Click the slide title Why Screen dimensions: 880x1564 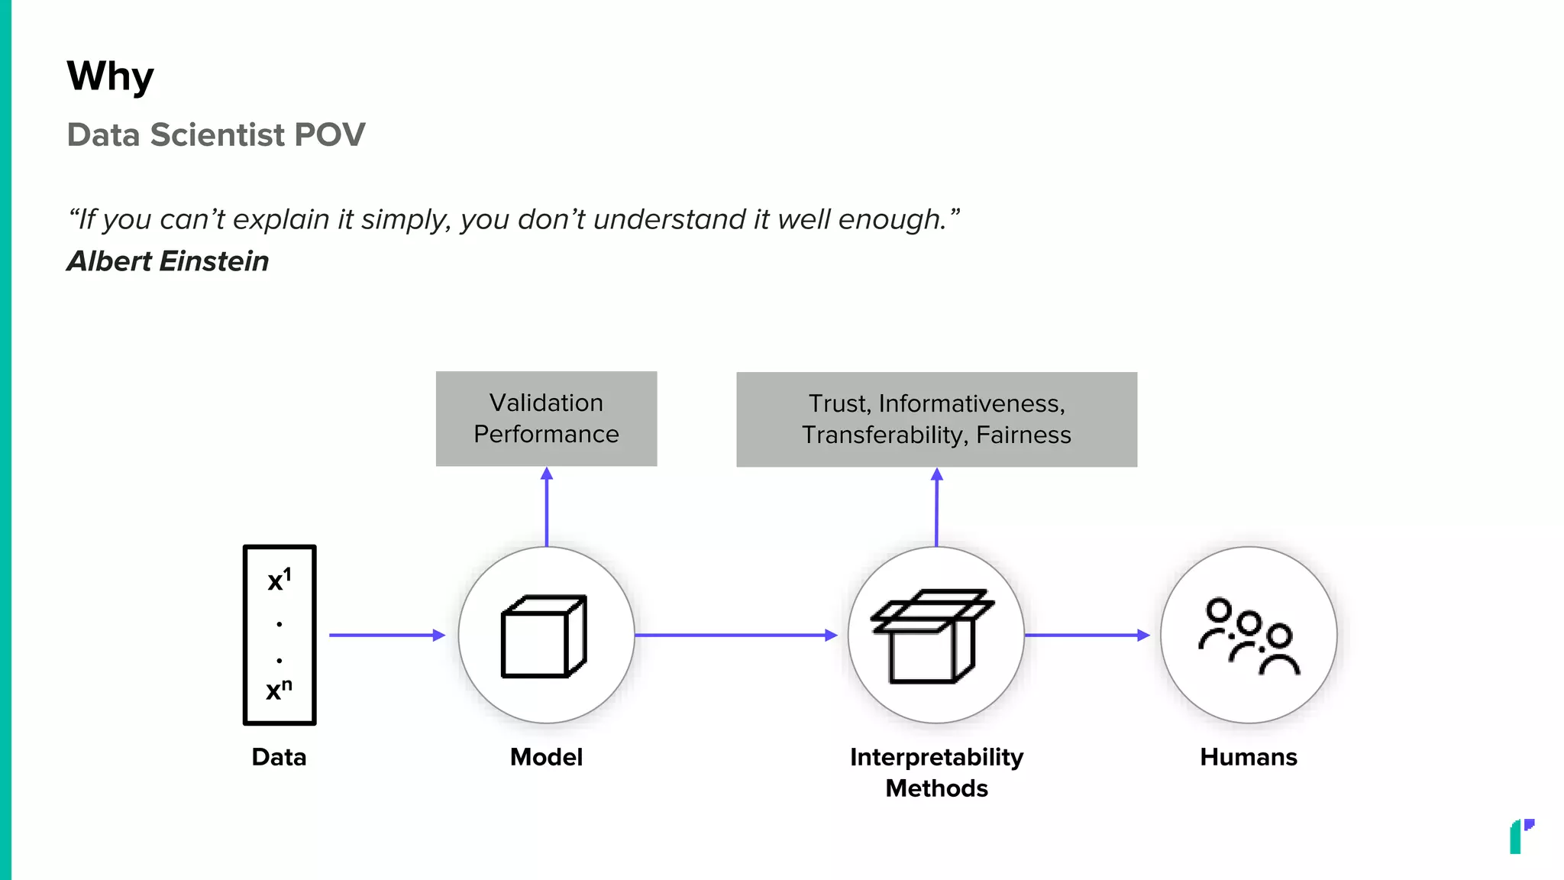(110, 77)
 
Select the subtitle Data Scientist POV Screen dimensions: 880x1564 (216, 135)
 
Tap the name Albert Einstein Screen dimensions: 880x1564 (168, 261)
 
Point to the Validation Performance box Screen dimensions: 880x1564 (546, 419)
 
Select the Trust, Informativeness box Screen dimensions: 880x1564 (936, 419)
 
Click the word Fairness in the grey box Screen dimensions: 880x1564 (1023, 435)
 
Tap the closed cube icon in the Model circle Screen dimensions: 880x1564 (544, 636)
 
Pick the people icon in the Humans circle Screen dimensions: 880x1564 (1249, 636)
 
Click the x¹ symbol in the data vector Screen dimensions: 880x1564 (279, 581)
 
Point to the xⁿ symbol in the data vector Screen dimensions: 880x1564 (279, 690)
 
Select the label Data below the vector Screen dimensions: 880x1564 (279, 757)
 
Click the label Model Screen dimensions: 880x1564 (546, 757)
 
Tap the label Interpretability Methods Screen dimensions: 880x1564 (936, 772)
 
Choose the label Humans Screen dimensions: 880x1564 (1249, 757)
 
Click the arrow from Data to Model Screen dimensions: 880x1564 (386, 635)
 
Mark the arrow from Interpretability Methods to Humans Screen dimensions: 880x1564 (1086, 635)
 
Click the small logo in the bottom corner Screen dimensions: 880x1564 (1521, 836)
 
